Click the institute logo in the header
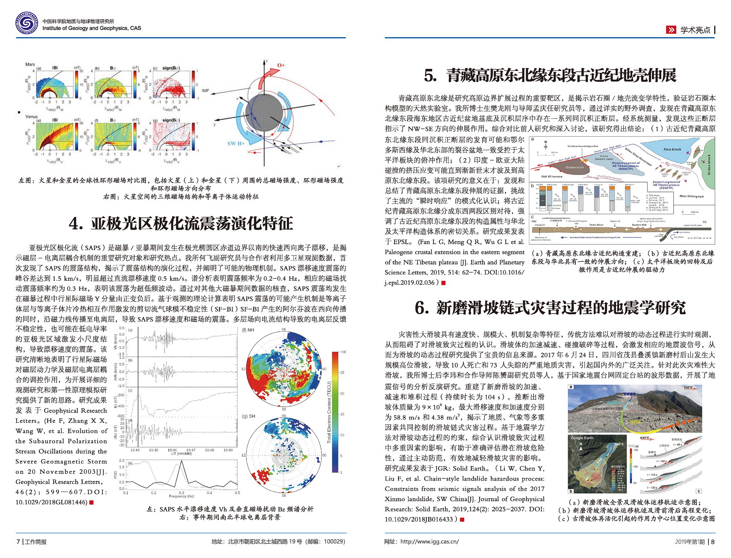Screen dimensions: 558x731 coord(27,24)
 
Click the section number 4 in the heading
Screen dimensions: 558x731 coord(75,224)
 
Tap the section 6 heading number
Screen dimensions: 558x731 coord(421,308)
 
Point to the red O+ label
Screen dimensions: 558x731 coord(280,65)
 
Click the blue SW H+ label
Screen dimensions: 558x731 coord(236,143)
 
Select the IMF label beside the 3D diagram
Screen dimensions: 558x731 coord(206,91)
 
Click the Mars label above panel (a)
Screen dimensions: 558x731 coord(30,65)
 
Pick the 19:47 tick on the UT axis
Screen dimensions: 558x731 coord(191,450)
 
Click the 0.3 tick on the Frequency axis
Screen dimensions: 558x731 coord(182,493)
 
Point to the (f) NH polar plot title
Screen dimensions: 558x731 coord(248,330)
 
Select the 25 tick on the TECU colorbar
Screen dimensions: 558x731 coord(342,372)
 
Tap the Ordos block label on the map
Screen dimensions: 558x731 coord(709,165)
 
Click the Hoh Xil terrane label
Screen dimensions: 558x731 coord(552,176)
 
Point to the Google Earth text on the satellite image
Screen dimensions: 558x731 coord(582,438)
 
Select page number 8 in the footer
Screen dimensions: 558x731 coord(713,542)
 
